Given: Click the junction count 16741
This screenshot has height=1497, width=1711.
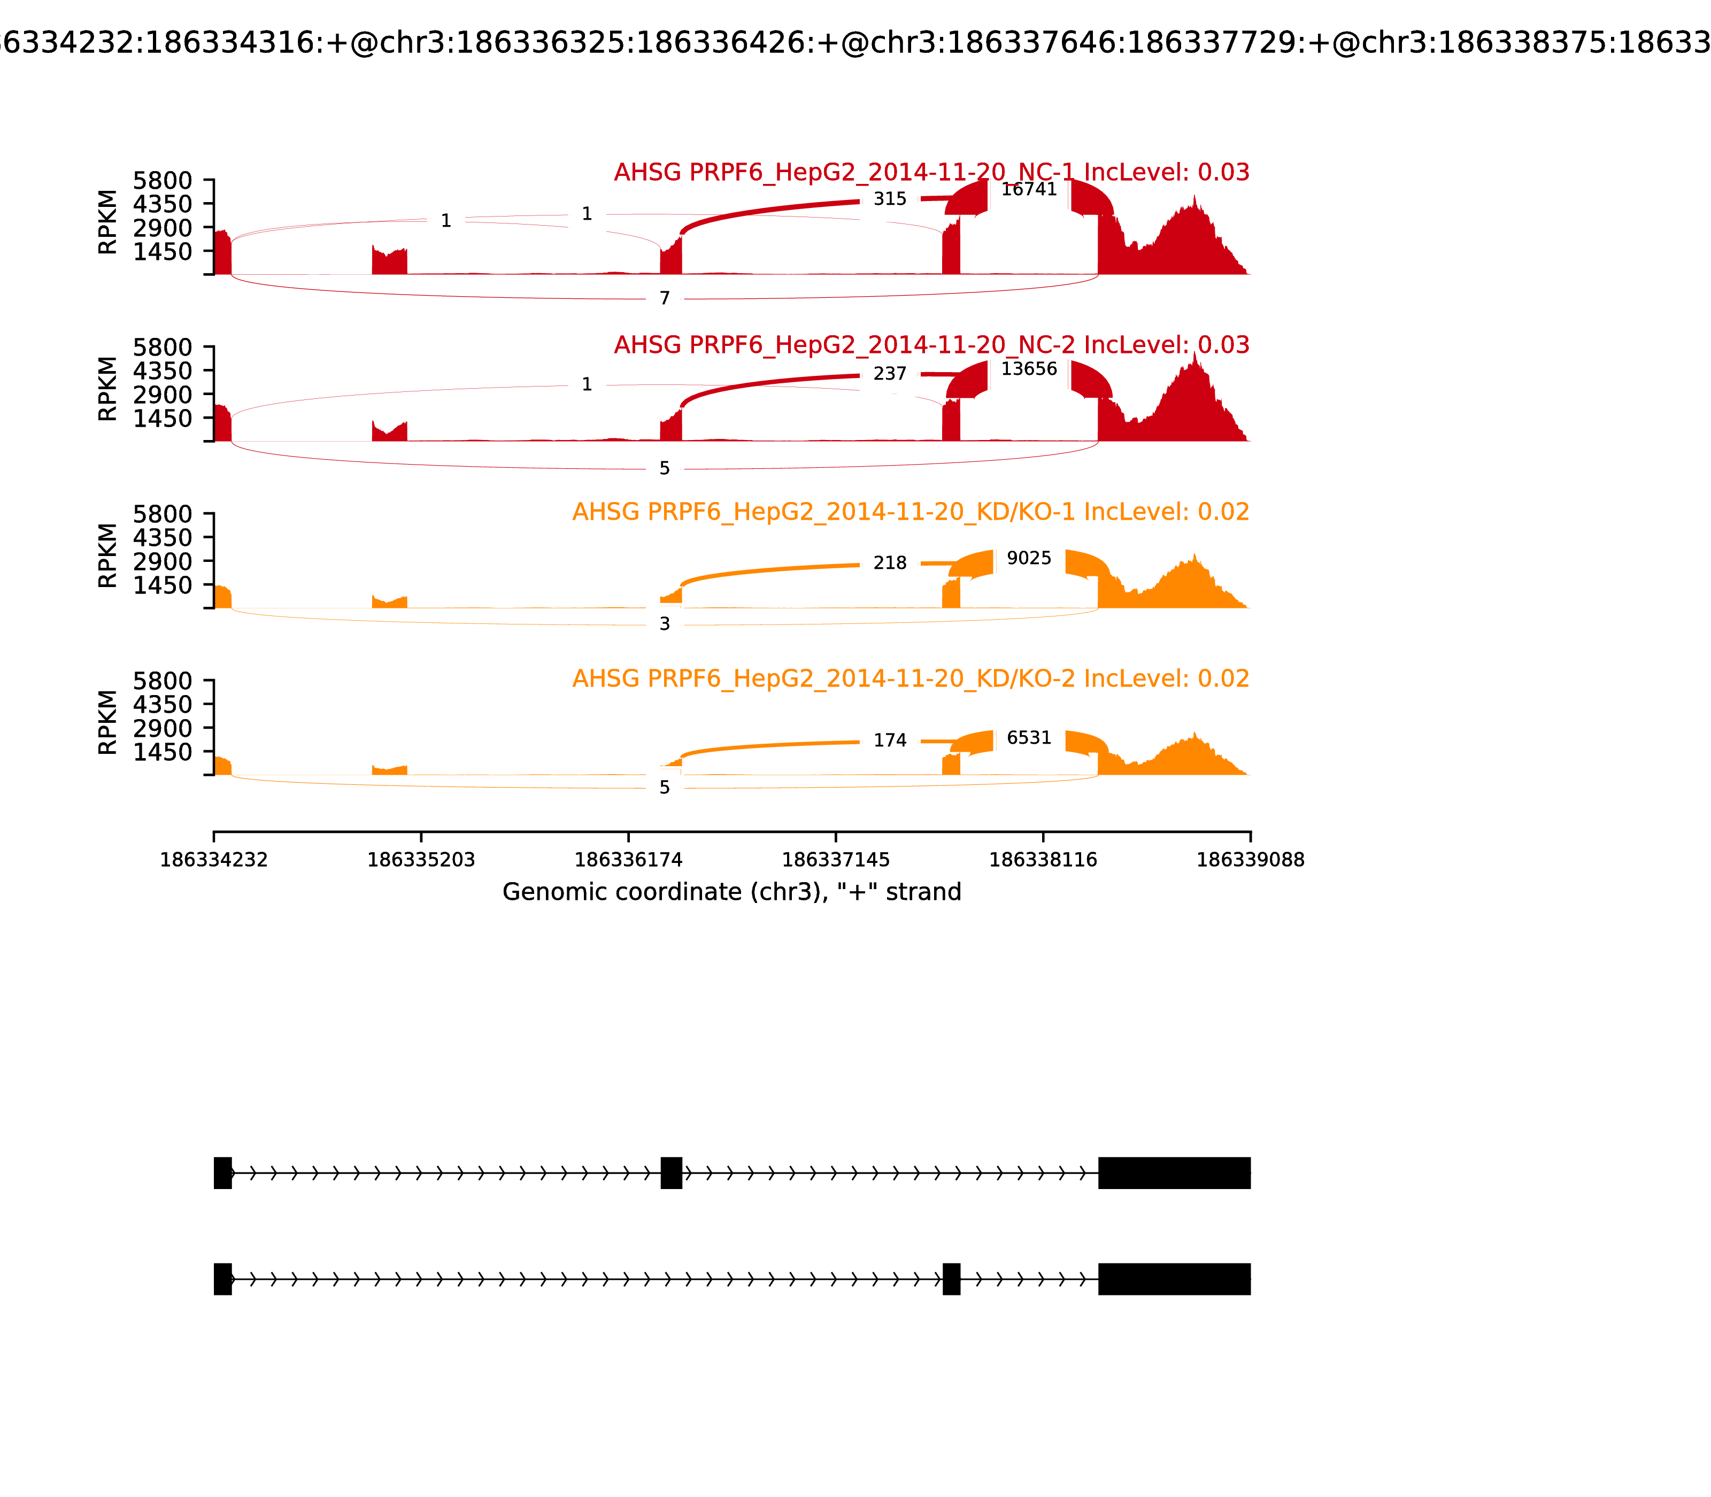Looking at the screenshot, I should point(1028,190).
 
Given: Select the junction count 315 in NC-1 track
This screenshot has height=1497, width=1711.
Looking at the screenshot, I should point(890,199).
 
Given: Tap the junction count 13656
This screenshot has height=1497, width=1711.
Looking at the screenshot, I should point(1028,369).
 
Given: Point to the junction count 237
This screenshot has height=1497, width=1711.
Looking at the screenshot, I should point(890,374).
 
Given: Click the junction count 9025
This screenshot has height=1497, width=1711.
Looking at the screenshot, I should point(1028,558).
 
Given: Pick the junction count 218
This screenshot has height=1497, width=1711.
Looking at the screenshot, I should point(890,563).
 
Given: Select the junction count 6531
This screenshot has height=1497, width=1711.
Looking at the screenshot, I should point(1028,738).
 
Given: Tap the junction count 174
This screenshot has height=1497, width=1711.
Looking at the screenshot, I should point(890,740).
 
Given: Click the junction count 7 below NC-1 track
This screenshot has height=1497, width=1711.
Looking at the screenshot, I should point(664,298).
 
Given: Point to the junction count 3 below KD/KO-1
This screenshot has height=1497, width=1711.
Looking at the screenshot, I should point(664,624).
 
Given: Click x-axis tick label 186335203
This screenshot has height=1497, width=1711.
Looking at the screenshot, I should point(421,860).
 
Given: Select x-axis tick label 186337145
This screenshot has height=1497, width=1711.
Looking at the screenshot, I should point(835,860).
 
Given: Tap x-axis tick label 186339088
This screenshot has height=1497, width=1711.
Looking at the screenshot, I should point(1250,860).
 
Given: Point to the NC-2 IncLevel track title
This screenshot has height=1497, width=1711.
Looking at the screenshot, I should point(931,345).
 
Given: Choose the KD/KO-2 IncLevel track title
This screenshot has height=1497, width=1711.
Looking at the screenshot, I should point(911,678).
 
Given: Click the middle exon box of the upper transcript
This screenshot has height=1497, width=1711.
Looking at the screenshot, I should point(671,1173).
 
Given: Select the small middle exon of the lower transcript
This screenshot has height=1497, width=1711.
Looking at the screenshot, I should point(951,1279).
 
